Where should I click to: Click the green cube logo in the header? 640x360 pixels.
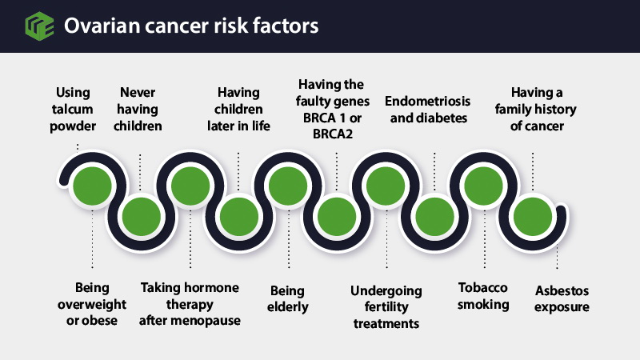(39, 26)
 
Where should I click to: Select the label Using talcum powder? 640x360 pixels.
(73, 109)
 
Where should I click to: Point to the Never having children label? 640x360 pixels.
(138, 109)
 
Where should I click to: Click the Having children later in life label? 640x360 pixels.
(238, 109)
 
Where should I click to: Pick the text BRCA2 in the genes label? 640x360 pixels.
(333, 134)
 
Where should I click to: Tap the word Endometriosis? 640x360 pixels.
(428, 101)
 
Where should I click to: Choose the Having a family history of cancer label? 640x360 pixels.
(536, 109)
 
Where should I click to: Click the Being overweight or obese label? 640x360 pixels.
(92, 304)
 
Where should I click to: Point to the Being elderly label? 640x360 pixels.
(288, 298)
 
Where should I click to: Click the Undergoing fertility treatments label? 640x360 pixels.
(386, 307)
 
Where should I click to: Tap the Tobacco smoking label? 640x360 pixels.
(483, 296)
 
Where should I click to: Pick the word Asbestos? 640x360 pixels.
(562, 290)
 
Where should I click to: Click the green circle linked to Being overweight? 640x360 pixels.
(92, 186)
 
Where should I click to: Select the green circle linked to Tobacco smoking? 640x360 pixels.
(484, 186)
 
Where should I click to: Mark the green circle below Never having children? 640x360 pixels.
(142, 217)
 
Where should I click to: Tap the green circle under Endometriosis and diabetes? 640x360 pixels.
(434, 217)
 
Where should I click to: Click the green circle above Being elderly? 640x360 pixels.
(288, 186)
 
